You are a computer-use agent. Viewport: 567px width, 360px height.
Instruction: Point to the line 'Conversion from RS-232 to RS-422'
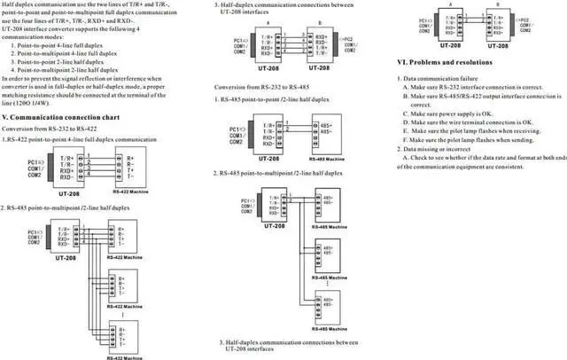point(56,129)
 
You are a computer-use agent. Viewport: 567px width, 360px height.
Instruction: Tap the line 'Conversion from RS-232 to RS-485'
point(269,86)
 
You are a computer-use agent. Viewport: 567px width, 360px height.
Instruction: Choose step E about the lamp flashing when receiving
point(474,130)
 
